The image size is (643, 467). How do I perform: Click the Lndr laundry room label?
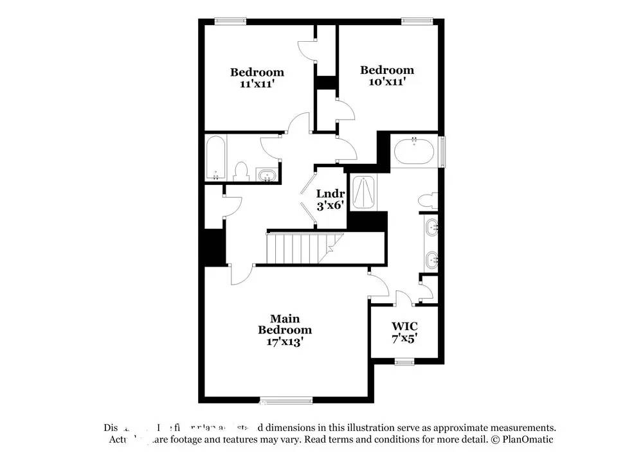point(331,194)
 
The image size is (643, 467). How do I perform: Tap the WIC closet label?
point(404,326)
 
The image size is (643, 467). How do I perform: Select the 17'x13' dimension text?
point(285,342)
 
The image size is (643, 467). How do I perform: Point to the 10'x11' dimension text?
point(386,82)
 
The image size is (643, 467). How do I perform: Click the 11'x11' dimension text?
point(257,84)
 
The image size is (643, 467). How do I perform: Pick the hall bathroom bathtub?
point(215,159)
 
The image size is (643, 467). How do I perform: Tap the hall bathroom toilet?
point(241,172)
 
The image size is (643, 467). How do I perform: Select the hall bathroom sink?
point(266,175)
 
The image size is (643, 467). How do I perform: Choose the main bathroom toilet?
point(428,200)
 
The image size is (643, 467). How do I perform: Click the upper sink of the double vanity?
point(432,226)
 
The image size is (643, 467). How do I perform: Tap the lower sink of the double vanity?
point(432,260)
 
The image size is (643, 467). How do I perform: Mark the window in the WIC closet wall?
point(404,360)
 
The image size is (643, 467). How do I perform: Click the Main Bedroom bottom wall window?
point(287,401)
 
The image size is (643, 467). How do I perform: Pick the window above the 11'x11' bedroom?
point(230,21)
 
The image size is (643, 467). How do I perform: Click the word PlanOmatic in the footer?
point(527,439)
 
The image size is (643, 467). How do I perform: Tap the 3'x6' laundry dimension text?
point(331,206)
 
